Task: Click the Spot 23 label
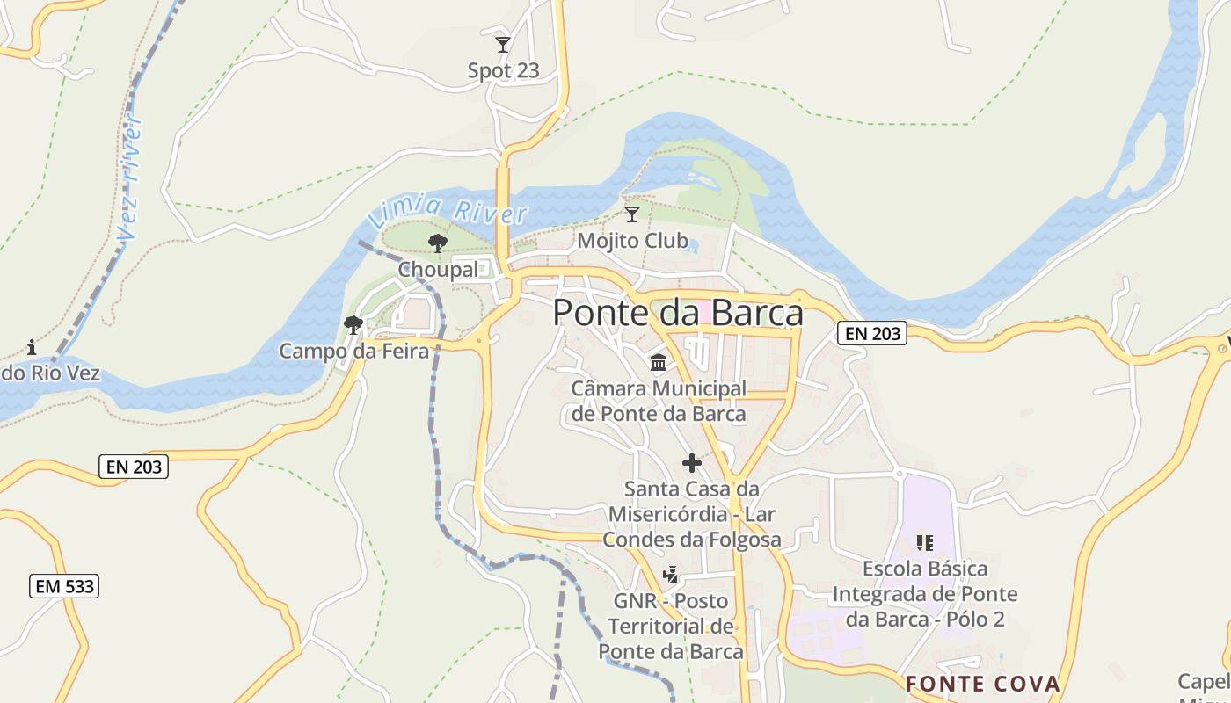[x=503, y=70]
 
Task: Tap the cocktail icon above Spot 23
[x=503, y=44]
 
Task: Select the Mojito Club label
[x=632, y=240]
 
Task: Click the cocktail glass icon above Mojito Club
[x=631, y=214]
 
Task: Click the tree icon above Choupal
[x=437, y=243]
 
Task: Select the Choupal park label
[x=438, y=270]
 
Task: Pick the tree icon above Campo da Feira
[x=353, y=325]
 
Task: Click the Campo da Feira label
[x=353, y=351]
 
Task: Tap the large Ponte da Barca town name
[x=678, y=313]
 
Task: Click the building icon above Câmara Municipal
[x=658, y=362]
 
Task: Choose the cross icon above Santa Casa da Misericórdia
[x=692, y=462]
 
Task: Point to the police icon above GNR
[x=671, y=575]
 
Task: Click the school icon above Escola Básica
[x=924, y=543]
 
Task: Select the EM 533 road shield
[x=64, y=586]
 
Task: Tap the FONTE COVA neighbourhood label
[x=983, y=684]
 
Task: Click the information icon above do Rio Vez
[x=32, y=347]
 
